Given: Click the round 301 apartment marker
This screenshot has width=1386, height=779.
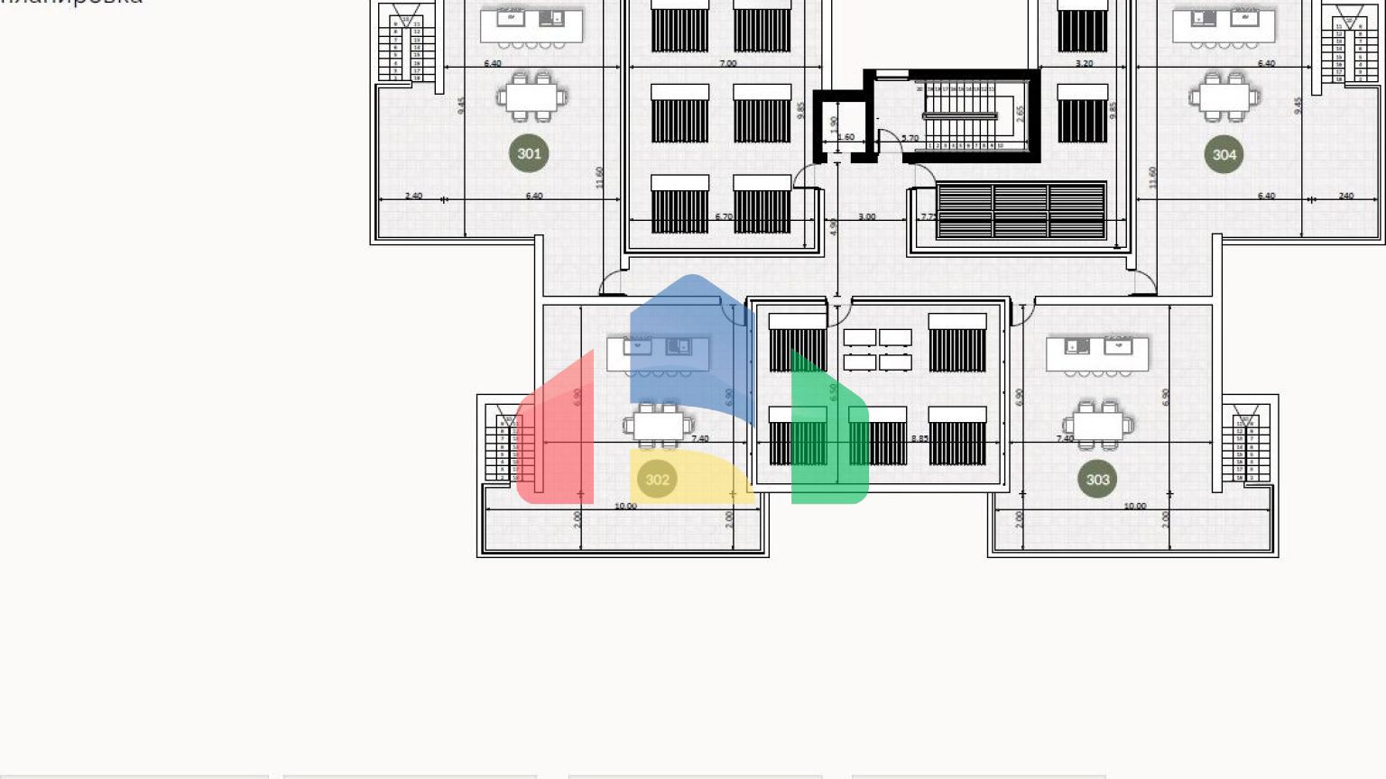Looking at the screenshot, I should [529, 153].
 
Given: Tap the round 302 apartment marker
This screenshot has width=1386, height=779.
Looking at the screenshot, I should [657, 479].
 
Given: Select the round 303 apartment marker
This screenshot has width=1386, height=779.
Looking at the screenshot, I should [1097, 479].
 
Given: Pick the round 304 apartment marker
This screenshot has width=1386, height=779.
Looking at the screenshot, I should [1224, 154].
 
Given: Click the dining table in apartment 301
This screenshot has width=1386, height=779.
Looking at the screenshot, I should [531, 96].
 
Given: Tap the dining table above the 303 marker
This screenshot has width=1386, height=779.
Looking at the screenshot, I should [1098, 423].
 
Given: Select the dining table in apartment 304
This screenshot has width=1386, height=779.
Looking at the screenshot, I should [1224, 96].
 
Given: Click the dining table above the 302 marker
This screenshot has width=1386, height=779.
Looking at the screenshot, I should [658, 425].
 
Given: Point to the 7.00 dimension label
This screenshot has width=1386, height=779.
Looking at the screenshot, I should [727, 63].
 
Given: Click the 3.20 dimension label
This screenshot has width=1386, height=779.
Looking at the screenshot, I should [1084, 63].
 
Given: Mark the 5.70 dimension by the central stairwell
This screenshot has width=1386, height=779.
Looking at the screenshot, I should [910, 138].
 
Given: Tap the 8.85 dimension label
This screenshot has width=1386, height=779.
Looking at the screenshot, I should [919, 438].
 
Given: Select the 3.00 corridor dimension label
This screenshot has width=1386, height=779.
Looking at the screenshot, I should [866, 216].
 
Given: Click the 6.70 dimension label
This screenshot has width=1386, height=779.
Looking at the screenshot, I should [723, 216].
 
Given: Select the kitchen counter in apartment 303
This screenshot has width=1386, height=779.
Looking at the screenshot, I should [1097, 353].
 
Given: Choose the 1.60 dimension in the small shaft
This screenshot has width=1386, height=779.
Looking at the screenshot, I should [845, 137].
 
